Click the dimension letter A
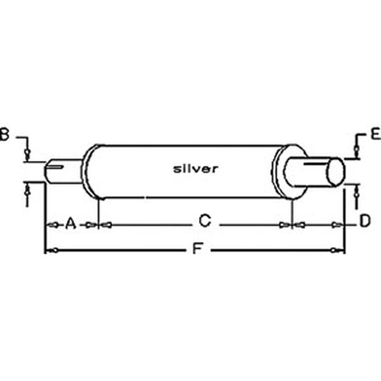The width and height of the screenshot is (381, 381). [70, 223]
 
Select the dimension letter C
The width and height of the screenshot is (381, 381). [205, 221]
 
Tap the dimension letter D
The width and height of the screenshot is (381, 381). [365, 221]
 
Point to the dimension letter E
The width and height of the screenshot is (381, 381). [375, 134]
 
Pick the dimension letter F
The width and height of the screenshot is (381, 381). [197, 249]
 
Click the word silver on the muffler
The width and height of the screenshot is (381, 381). [195, 169]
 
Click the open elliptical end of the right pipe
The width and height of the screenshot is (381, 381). [336, 172]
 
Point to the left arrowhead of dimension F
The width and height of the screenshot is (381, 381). [54, 250]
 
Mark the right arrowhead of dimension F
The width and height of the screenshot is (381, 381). [335, 250]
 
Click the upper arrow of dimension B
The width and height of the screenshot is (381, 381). [27, 153]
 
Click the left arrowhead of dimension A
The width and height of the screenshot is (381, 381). [54, 225]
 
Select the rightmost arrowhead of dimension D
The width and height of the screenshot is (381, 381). [336, 225]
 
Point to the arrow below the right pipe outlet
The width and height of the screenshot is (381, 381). [357, 193]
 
